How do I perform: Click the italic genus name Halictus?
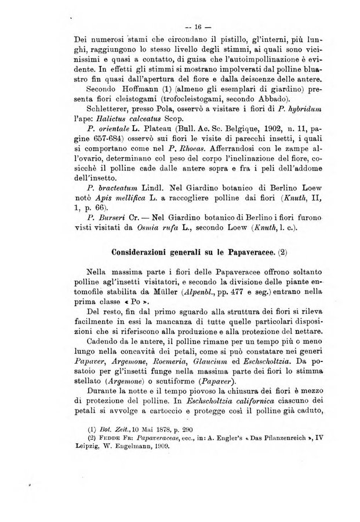pos(115,121)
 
